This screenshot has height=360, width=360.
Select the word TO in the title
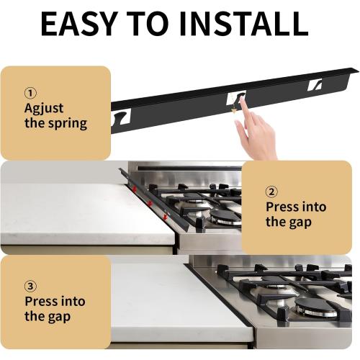pyautogui.click(x=150, y=24)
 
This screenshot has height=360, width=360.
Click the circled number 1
pyautogui.click(x=30, y=93)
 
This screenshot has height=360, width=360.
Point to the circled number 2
pyautogui.click(x=271, y=192)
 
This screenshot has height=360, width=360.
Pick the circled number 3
pyautogui.click(x=30, y=285)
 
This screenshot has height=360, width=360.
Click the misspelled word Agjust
pyautogui.click(x=44, y=109)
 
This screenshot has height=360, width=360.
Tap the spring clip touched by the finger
pyautogui.click(x=235, y=99)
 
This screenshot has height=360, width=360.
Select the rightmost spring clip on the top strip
pyautogui.click(x=315, y=85)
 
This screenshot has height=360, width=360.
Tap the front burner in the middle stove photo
pyautogui.click(x=225, y=216)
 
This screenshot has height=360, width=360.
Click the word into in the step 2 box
pyautogui.click(x=311, y=207)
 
